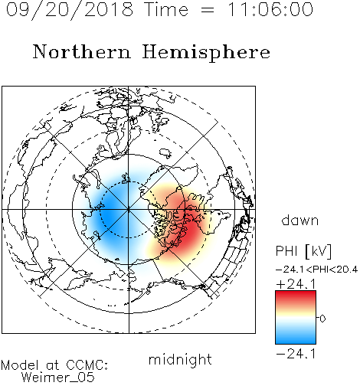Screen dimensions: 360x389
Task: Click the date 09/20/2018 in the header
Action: [70, 10]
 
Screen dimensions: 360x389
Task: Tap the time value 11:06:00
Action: [270, 9]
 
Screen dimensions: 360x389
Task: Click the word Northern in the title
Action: [82, 52]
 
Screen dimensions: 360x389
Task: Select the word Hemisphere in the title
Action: [206, 53]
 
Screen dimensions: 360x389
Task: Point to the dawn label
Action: [300, 220]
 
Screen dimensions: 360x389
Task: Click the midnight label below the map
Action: [180, 360]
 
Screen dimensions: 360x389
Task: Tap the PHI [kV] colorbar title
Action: [303, 251]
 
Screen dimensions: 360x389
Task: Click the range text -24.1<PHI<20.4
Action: [316, 270]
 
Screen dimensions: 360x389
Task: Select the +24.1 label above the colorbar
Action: [296, 284]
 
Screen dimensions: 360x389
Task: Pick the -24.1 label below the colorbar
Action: [296, 354]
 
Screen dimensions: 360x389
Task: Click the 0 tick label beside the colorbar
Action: [322, 319]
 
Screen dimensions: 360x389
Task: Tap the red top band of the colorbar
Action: [296, 297]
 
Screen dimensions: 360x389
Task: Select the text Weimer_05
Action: [58, 378]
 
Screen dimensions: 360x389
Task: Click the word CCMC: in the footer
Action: [87, 365]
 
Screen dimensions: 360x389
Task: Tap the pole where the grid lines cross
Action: [129, 210]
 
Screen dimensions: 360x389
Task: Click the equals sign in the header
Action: [208, 10]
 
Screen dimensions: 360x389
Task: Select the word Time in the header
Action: [166, 9]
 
